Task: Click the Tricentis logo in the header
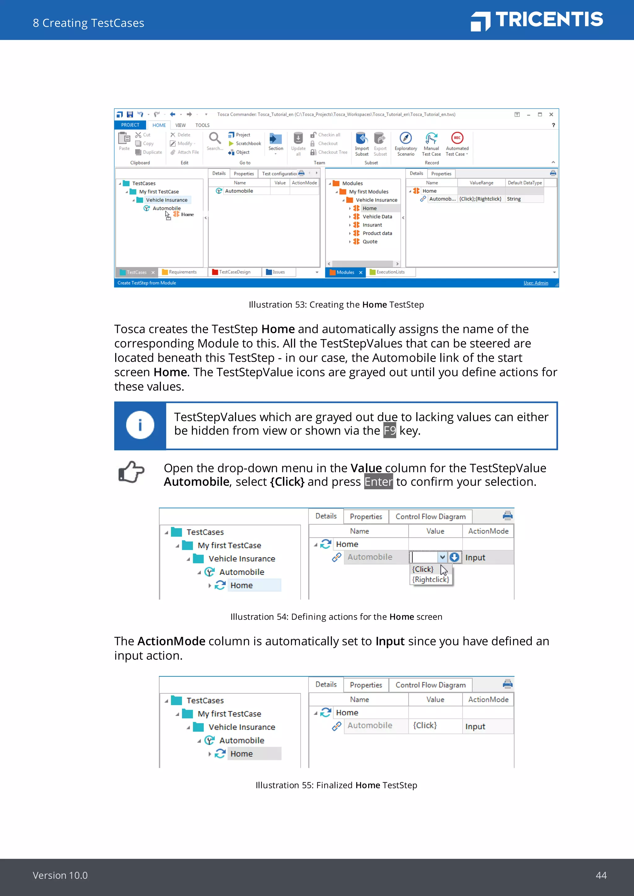coord(537,20)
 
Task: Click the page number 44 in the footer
coord(601,875)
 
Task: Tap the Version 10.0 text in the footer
coord(60,875)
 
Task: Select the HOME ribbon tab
coord(159,125)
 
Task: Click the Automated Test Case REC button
coord(457,139)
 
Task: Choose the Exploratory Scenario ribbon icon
coord(406,139)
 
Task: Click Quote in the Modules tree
coord(370,242)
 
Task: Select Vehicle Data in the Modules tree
coord(377,217)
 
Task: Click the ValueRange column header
coord(481,183)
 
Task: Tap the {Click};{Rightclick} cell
coord(480,199)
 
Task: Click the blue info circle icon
coord(140,425)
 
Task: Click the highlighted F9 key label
coord(389,430)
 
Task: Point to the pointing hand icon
coord(131,472)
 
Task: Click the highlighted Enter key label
coord(378,481)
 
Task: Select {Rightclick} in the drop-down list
coord(431,579)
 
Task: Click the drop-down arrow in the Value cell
coord(442,557)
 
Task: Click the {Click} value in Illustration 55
coord(425,726)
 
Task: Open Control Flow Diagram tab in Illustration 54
coord(430,517)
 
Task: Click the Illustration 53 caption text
coord(336,305)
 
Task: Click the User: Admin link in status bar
coord(535,283)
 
